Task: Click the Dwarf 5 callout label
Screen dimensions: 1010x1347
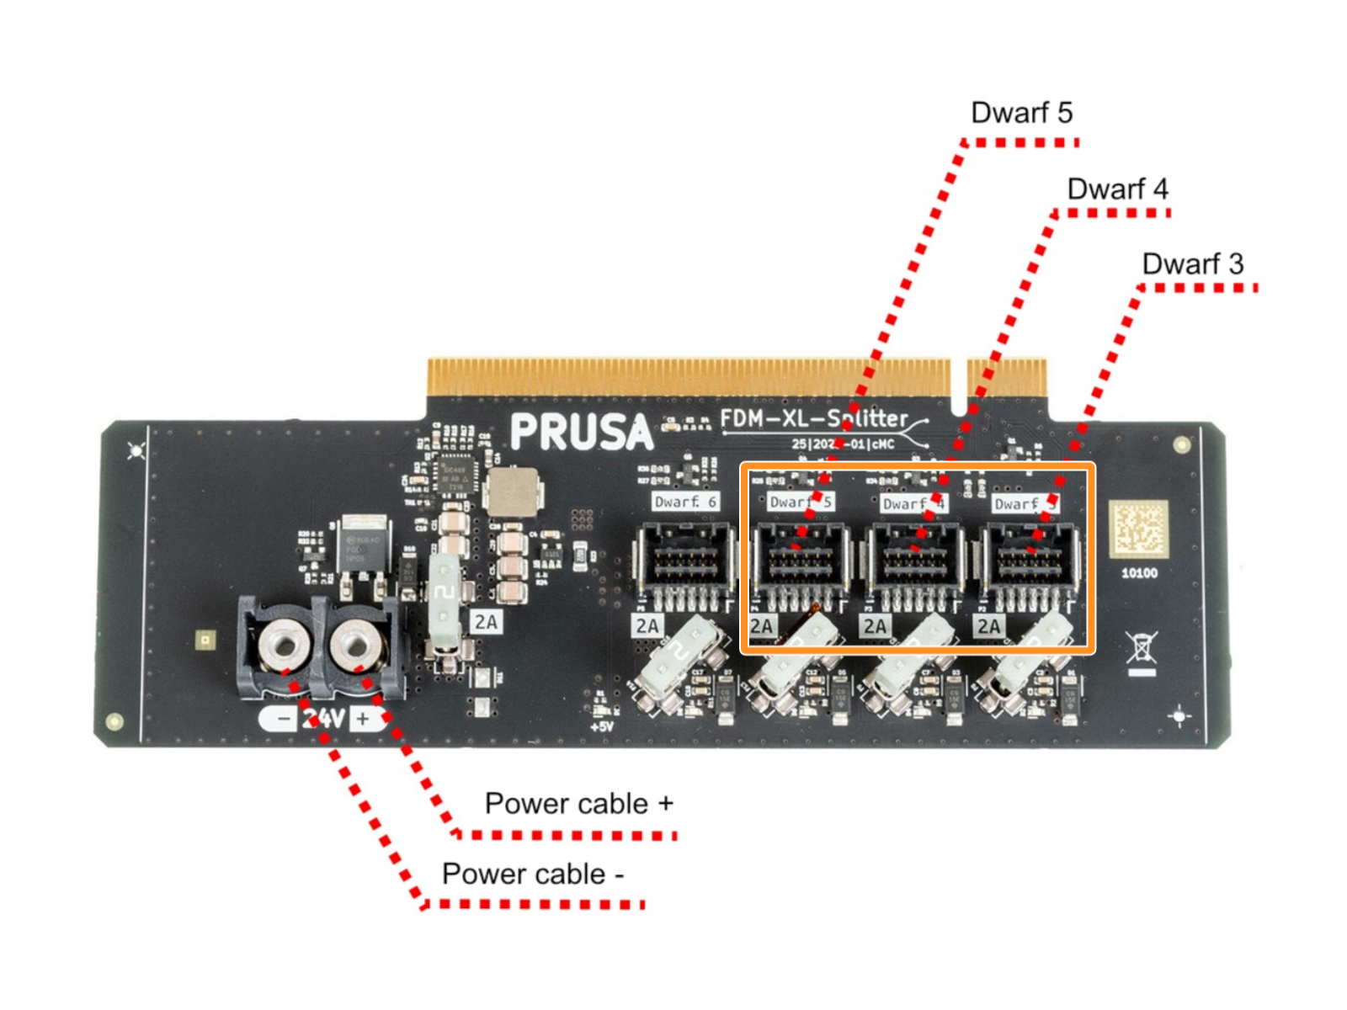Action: [x=1021, y=113]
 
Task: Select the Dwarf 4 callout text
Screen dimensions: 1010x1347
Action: [x=1117, y=189]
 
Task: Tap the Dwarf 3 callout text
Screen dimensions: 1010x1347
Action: [x=1192, y=264]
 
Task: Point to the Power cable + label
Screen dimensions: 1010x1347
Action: [x=578, y=804]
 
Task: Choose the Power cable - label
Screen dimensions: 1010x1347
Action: [x=532, y=874]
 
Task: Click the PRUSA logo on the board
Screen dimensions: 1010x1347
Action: [x=581, y=432]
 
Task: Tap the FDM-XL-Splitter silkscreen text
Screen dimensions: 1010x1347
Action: [x=814, y=418]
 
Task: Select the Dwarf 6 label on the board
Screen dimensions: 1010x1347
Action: [x=685, y=502]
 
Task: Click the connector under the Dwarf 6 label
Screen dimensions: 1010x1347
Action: [x=684, y=559]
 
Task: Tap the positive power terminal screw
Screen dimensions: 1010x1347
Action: [x=356, y=646]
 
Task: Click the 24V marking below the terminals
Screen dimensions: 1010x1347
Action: [x=325, y=718]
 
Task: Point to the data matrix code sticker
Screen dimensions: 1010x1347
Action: [x=1138, y=529]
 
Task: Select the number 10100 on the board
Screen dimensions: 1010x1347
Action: [x=1139, y=573]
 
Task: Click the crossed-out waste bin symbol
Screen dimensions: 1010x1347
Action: [x=1142, y=650]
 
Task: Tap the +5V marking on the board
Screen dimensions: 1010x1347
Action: [x=602, y=726]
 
